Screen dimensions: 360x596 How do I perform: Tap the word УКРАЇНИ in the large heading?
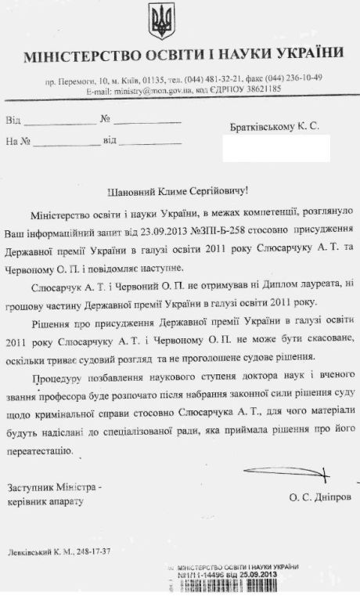pyautogui.click(x=307, y=54)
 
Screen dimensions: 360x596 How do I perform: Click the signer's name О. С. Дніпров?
pyautogui.click(x=319, y=497)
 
